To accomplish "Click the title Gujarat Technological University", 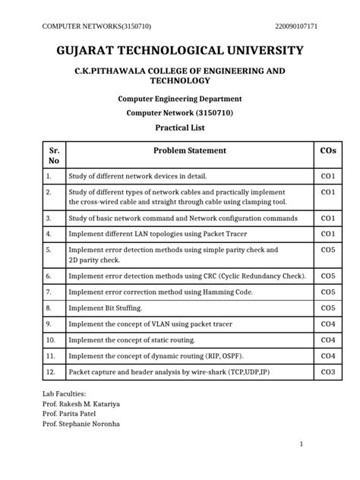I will (x=180, y=51).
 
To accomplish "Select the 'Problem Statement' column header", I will (x=190, y=150).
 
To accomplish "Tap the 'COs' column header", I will (x=328, y=150).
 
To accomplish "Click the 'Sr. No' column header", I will (x=53, y=156).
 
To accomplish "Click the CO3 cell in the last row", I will (x=328, y=372).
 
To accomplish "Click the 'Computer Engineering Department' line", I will (x=179, y=99).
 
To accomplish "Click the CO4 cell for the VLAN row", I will (x=328, y=324).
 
